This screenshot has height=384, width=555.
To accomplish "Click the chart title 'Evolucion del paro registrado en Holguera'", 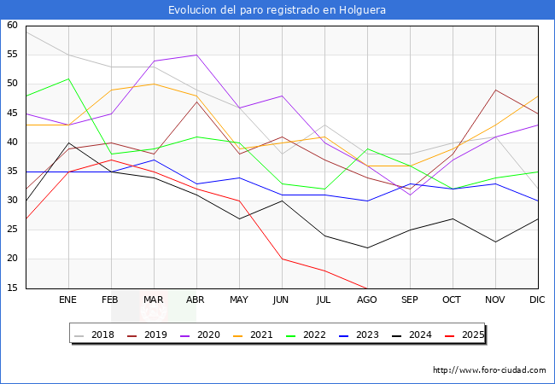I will pos(277,10).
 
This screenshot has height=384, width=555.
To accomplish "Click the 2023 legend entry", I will pos(364,335).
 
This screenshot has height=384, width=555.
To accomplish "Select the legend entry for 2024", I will pos(416,335).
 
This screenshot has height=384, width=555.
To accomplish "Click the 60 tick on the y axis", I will pos(12,26).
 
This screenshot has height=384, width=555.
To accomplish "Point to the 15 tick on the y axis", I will pos(12,288).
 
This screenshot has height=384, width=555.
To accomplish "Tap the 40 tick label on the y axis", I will pos(12,143).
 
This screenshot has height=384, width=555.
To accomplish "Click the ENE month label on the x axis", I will pos(68,300).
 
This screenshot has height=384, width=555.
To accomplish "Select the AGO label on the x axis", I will pos(367,300).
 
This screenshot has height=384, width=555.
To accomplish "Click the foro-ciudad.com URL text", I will pos(489,370).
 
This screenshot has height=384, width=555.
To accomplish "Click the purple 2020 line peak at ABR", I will pos(196,55).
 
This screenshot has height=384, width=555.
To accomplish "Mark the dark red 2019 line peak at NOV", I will pos(495,90).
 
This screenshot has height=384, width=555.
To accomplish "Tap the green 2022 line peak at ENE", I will pos(68,79).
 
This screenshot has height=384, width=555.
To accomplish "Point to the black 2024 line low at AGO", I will pos(367,247).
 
